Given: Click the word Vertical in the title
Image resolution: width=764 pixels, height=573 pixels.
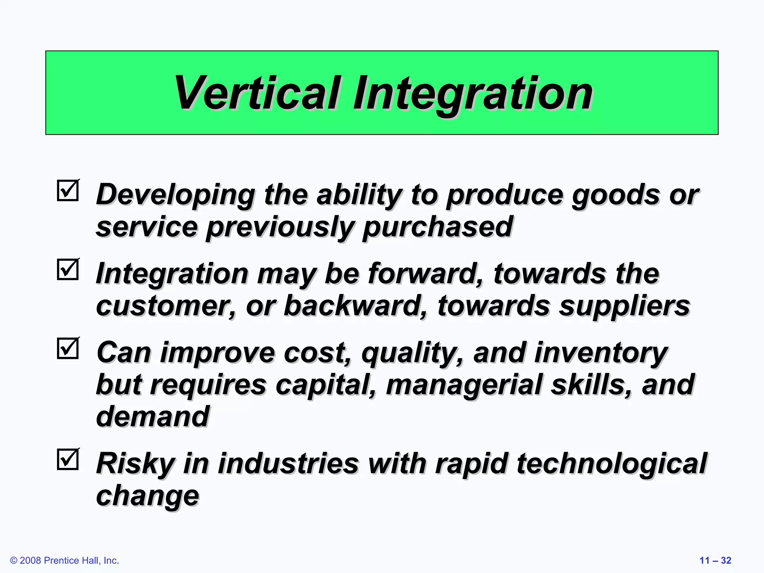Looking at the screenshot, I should click(257, 93).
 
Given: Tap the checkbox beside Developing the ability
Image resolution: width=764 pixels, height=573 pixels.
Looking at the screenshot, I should click(68, 191).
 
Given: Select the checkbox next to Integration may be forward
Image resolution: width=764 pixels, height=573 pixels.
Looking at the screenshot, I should click(68, 269).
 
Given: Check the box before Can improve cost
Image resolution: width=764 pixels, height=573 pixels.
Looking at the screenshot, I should click(68, 348).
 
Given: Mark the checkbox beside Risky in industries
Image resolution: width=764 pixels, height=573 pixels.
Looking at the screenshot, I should click(68, 459).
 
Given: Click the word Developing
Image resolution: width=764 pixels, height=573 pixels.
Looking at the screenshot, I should click(175, 195).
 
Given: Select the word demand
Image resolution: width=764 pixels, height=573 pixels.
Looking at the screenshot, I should click(153, 417).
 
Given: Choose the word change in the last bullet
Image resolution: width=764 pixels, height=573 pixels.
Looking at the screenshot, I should click(148, 496).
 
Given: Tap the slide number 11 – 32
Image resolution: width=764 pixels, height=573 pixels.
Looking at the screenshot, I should click(715, 560).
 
